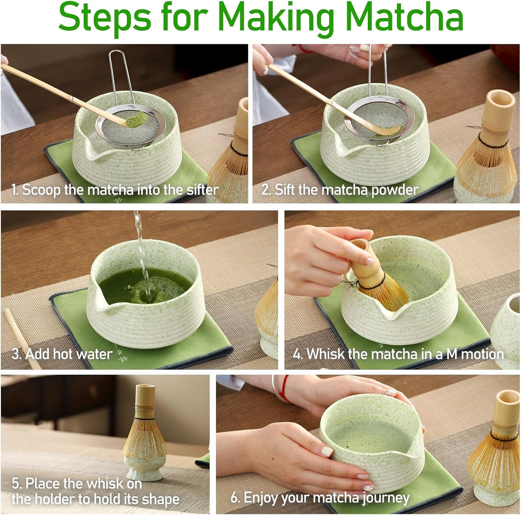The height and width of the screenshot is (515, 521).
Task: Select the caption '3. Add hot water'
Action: point(62,354)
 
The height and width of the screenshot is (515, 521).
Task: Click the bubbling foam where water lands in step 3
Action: point(144,294)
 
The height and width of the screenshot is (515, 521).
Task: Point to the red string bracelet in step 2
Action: point(306,49)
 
